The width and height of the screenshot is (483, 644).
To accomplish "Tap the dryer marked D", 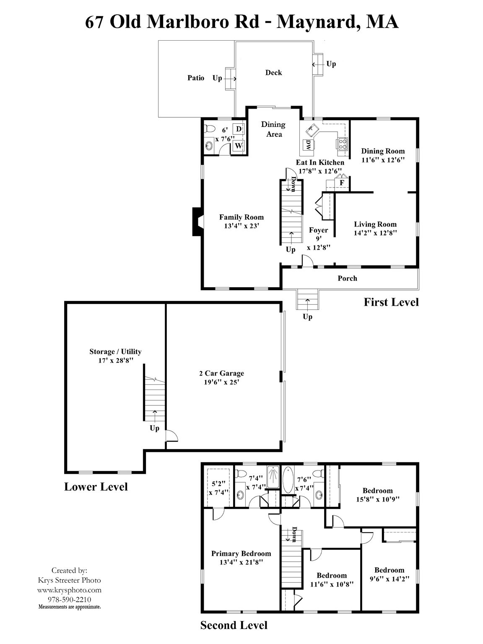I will point(239,129).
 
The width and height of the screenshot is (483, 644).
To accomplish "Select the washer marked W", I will point(238,145).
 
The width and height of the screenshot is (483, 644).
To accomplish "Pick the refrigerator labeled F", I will point(342,183).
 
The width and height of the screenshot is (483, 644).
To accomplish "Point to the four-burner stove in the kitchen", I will point(342,144).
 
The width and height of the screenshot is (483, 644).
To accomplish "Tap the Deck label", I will point(273,73).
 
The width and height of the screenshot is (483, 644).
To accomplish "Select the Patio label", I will point(196,78).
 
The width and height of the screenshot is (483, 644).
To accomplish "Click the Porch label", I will point(347,278).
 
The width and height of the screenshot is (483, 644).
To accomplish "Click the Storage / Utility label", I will point(115,352).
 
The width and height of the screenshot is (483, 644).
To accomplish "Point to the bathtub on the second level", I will point(288,480).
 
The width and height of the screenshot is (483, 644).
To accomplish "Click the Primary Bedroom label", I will point(241,553).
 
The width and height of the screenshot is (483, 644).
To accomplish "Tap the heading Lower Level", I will point(96,487).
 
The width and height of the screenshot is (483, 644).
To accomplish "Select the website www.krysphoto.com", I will point(69,590).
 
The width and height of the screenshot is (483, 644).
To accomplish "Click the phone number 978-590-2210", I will point(69,600).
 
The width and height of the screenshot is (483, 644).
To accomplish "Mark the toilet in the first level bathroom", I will point(209,129).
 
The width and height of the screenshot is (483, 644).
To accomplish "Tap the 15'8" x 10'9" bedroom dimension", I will point(377,499).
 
